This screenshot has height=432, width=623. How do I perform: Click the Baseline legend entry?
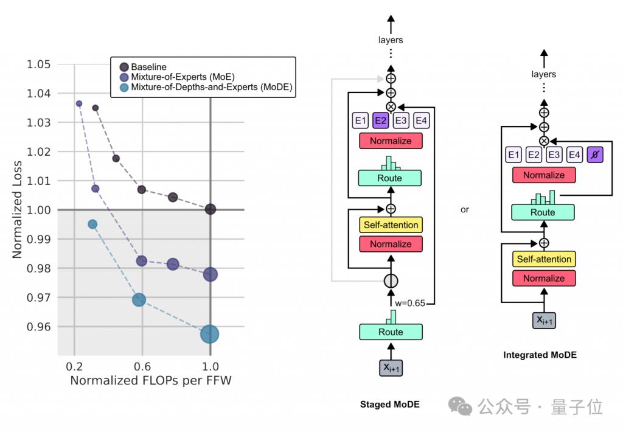click(x=148, y=66)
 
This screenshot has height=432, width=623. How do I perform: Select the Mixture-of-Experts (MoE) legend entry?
click(x=183, y=77)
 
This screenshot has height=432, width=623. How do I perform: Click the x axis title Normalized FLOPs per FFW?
click(x=150, y=381)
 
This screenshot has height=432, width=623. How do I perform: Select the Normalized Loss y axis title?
click(x=18, y=209)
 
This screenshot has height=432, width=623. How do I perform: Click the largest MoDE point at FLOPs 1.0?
click(x=210, y=333)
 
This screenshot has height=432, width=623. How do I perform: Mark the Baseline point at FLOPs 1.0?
click(x=211, y=209)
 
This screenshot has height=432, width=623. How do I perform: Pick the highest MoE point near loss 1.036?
click(x=79, y=103)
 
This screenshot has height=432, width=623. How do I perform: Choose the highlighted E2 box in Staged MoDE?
click(x=381, y=120)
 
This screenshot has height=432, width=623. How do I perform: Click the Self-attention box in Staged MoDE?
click(x=391, y=225)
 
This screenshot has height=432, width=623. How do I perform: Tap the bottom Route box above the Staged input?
click(x=391, y=332)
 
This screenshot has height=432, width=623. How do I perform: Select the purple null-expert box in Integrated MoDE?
click(x=594, y=155)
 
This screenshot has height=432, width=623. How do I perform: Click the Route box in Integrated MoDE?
click(x=543, y=212)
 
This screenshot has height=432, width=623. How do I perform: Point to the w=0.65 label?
click(x=413, y=302)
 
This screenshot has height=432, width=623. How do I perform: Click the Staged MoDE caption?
click(x=389, y=404)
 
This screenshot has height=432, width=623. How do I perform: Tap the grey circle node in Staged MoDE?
click(x=391, y=280)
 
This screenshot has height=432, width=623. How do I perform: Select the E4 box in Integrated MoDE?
click(x=574, y=155)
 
